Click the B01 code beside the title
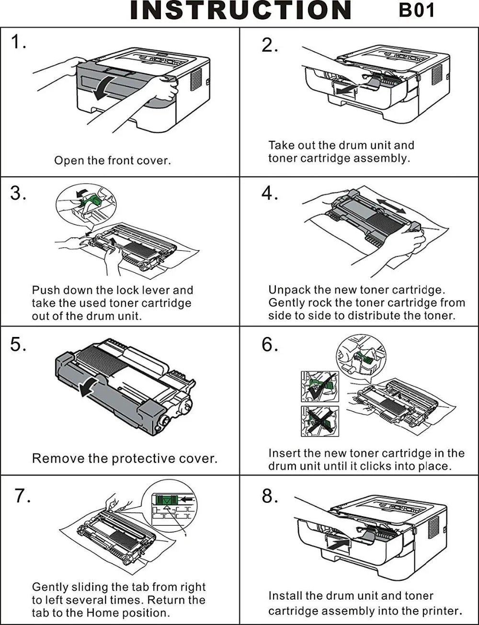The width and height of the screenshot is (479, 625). tap(416, 11)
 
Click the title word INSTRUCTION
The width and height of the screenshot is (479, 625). tap(240, 11)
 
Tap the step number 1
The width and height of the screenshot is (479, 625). tap(18, 42)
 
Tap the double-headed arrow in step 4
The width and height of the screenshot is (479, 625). tap(391, 206)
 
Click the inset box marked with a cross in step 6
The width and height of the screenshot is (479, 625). tap(320, 421)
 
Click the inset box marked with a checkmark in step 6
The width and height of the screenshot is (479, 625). tap(320, 386)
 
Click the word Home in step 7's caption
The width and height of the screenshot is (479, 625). tap(103, 613)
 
